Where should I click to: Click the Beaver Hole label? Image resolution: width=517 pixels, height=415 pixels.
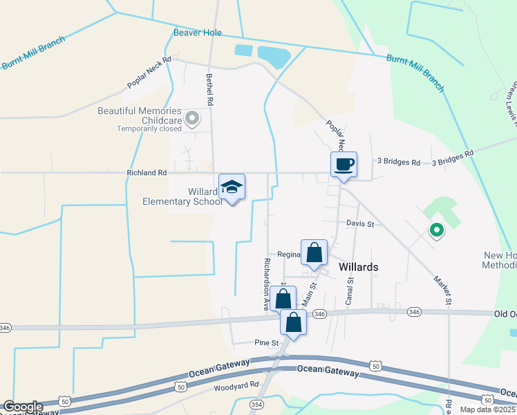197,33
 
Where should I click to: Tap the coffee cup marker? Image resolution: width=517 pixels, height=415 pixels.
344,165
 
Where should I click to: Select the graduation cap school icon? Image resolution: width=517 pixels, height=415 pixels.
232,187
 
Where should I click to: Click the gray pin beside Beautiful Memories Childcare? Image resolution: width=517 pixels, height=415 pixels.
193,119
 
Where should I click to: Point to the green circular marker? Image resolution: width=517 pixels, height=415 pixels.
436,230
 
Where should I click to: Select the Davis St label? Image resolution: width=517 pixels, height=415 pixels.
359,224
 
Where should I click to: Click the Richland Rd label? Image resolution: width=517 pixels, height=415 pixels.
147,173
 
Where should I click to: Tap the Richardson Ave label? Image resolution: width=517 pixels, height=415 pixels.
265,284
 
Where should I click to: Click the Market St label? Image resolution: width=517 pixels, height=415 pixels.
442,290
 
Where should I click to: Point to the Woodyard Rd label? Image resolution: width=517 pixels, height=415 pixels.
236,385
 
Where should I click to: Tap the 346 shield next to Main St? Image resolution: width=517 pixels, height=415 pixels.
319,314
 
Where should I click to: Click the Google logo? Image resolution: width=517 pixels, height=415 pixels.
23,407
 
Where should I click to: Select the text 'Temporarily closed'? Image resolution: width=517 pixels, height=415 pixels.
149,129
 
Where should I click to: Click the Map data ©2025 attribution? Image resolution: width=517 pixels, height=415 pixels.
488,409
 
